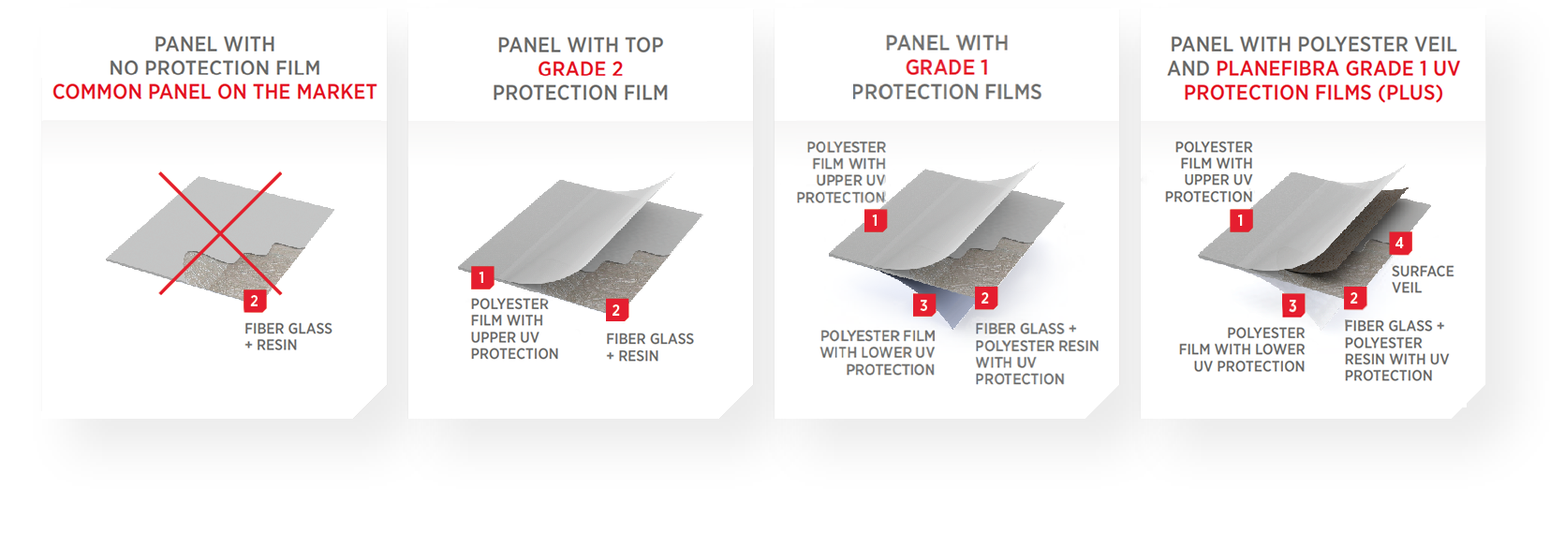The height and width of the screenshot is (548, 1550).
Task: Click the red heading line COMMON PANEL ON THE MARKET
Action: pos(214,92)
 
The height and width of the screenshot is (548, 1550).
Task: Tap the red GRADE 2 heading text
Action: pos(581,69)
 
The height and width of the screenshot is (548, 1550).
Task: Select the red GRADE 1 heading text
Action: pos(947,67)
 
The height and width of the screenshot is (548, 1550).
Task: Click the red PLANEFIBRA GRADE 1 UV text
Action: pos(1337,68)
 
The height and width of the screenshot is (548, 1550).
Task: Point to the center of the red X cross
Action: pos(220,233)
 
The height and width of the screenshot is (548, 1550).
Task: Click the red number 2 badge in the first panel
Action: pos(255,301)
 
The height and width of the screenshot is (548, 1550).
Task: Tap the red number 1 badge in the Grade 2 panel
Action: pos(481,277)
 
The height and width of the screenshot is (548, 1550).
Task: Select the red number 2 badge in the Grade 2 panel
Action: pos(616,310)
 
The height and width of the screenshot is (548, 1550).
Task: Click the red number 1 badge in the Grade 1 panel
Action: pos(876,221)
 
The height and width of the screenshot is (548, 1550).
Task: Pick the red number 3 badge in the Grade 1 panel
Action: pos(923,305)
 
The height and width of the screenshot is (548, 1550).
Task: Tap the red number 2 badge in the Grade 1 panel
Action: pos(985,298)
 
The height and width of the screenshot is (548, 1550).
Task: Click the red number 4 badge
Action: pos(1400,243)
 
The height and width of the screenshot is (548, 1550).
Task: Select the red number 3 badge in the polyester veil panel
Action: pos(1292,305)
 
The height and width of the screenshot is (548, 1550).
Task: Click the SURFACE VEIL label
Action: pos(1423,279)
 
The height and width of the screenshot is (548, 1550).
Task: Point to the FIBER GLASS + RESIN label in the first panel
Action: pos(288,337)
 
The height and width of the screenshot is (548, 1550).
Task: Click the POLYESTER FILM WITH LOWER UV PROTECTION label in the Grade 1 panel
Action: pos(878,353)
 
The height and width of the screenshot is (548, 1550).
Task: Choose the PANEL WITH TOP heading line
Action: pos(581,46)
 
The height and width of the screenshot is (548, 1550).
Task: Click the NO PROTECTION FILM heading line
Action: pos(214,67)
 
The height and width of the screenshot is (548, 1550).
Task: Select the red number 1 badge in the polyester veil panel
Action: pos(1241,221)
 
